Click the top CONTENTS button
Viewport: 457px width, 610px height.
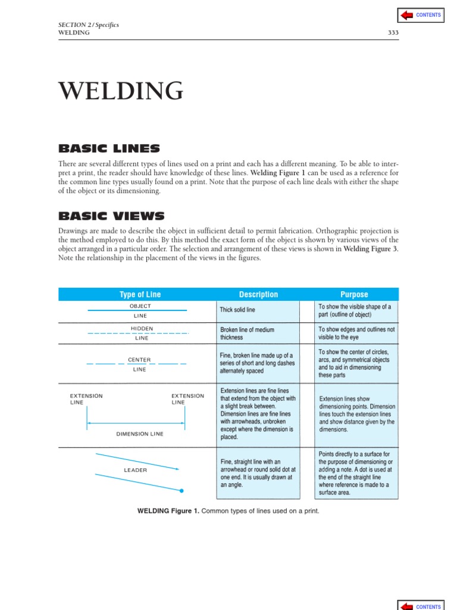pyautogui.click(x=420, y=15)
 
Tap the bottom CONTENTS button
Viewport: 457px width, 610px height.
pyautogui.click(x=420, y=605)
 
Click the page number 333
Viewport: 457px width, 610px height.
pyautogui.click(x=393, y=33)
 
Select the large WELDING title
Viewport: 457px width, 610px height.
pyautogui.click(x=121, y=91)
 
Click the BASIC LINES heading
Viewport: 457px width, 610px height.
pyautogui.click(x=109, y=148)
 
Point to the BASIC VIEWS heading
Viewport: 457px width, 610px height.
pyautogui.click(x=111, y=216)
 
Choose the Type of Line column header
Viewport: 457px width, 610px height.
pyautogui.click(x=140, y=294)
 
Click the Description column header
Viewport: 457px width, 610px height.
pyautogui.click(x=258, y=294)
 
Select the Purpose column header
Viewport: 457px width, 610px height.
pyautogui.click(x=354, y=294)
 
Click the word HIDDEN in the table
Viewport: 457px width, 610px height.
pyautogui.click(x=142, y=328)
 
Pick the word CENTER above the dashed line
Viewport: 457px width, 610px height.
pyautogui.click(x=140, y=360)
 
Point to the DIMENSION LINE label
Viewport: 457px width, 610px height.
pyautogui.click(x=140, y=434)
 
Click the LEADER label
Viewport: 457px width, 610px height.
pyautogui.click(x=135, y=470)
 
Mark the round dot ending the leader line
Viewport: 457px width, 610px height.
pyautogui.click(x=181, y=491)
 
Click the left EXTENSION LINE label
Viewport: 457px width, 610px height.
pyautogui.click(x=86, y=399)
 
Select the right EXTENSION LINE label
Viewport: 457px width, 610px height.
pyautogui.click(x=187, y=399)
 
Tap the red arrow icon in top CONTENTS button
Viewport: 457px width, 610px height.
pyautogui.click(x=407, y=15)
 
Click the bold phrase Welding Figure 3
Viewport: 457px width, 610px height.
pyautogui.click(x=371, y=250)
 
